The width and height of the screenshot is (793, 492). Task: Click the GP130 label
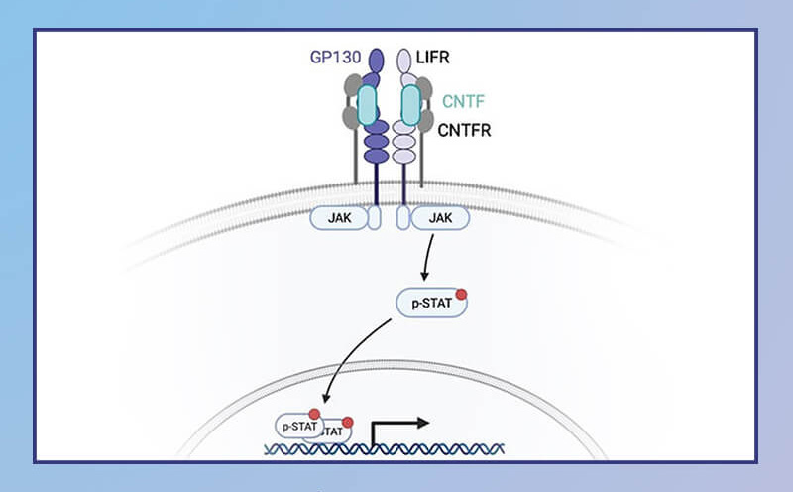[335, 57]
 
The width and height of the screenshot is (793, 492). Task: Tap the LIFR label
[432, 57]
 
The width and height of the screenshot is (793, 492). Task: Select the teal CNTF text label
[463, 101]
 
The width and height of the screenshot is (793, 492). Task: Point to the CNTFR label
[464, 130]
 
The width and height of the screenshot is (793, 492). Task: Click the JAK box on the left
[339, 218]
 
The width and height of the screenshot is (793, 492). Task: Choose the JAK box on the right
[440, 218]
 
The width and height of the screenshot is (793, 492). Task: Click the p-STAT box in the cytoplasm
[431, 304]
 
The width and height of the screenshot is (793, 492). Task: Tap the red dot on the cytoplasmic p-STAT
[461, 294]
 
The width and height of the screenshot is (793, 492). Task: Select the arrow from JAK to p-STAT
[428, 257]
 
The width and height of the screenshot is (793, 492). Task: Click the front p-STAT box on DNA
[299, 427]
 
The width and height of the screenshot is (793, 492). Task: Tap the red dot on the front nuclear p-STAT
[314, 414]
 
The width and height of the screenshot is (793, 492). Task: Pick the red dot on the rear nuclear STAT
[348, 423]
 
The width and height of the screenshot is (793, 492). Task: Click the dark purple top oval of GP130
[377, 61]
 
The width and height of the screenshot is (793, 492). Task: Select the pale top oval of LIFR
[403, 61]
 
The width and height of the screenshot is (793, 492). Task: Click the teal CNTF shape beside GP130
[367, 105]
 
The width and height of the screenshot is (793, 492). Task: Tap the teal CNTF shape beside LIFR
[411, 105]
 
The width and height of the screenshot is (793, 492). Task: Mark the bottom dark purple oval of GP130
[377, 156]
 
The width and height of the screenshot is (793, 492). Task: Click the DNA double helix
[385, 449]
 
